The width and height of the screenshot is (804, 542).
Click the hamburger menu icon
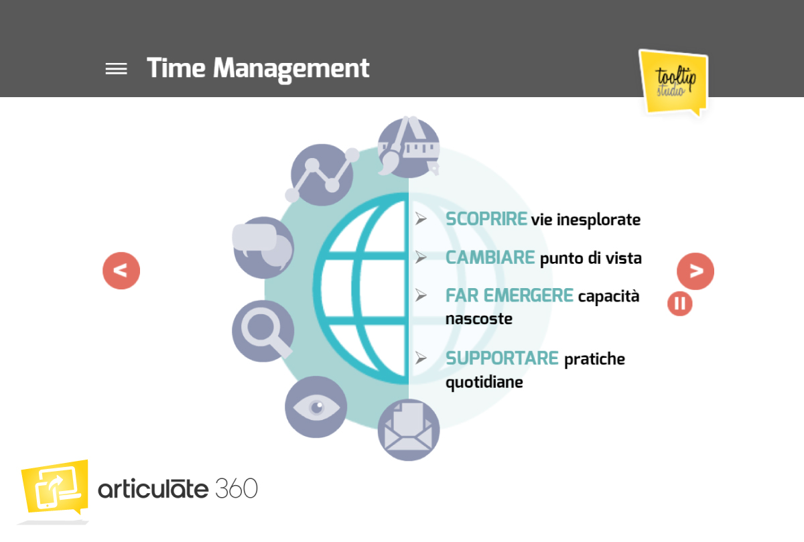[117, 69]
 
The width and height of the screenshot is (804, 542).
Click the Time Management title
[258, 68]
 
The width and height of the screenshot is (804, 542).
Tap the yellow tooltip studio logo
[674, 82]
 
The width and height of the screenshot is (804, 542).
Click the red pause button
[680, 303]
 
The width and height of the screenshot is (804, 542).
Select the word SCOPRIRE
[486, 219]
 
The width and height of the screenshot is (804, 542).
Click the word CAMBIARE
[490, 257]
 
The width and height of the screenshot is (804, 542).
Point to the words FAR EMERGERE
[509, 295]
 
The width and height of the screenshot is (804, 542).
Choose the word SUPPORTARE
[502, 358]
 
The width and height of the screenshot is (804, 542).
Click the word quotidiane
[484, 383]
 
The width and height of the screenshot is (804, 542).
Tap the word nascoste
[479, 319]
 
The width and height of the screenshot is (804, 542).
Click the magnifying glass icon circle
[263, 331]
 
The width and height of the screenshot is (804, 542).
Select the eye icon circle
[316, 407]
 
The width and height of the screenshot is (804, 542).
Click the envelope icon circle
[409, 430]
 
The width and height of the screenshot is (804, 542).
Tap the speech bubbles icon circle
[264, 248]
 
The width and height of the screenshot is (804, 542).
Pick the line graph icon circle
[322, 175]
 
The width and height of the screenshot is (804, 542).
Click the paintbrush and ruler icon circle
[409, 147]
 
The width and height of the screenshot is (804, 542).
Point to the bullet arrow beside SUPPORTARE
[421, 358]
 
